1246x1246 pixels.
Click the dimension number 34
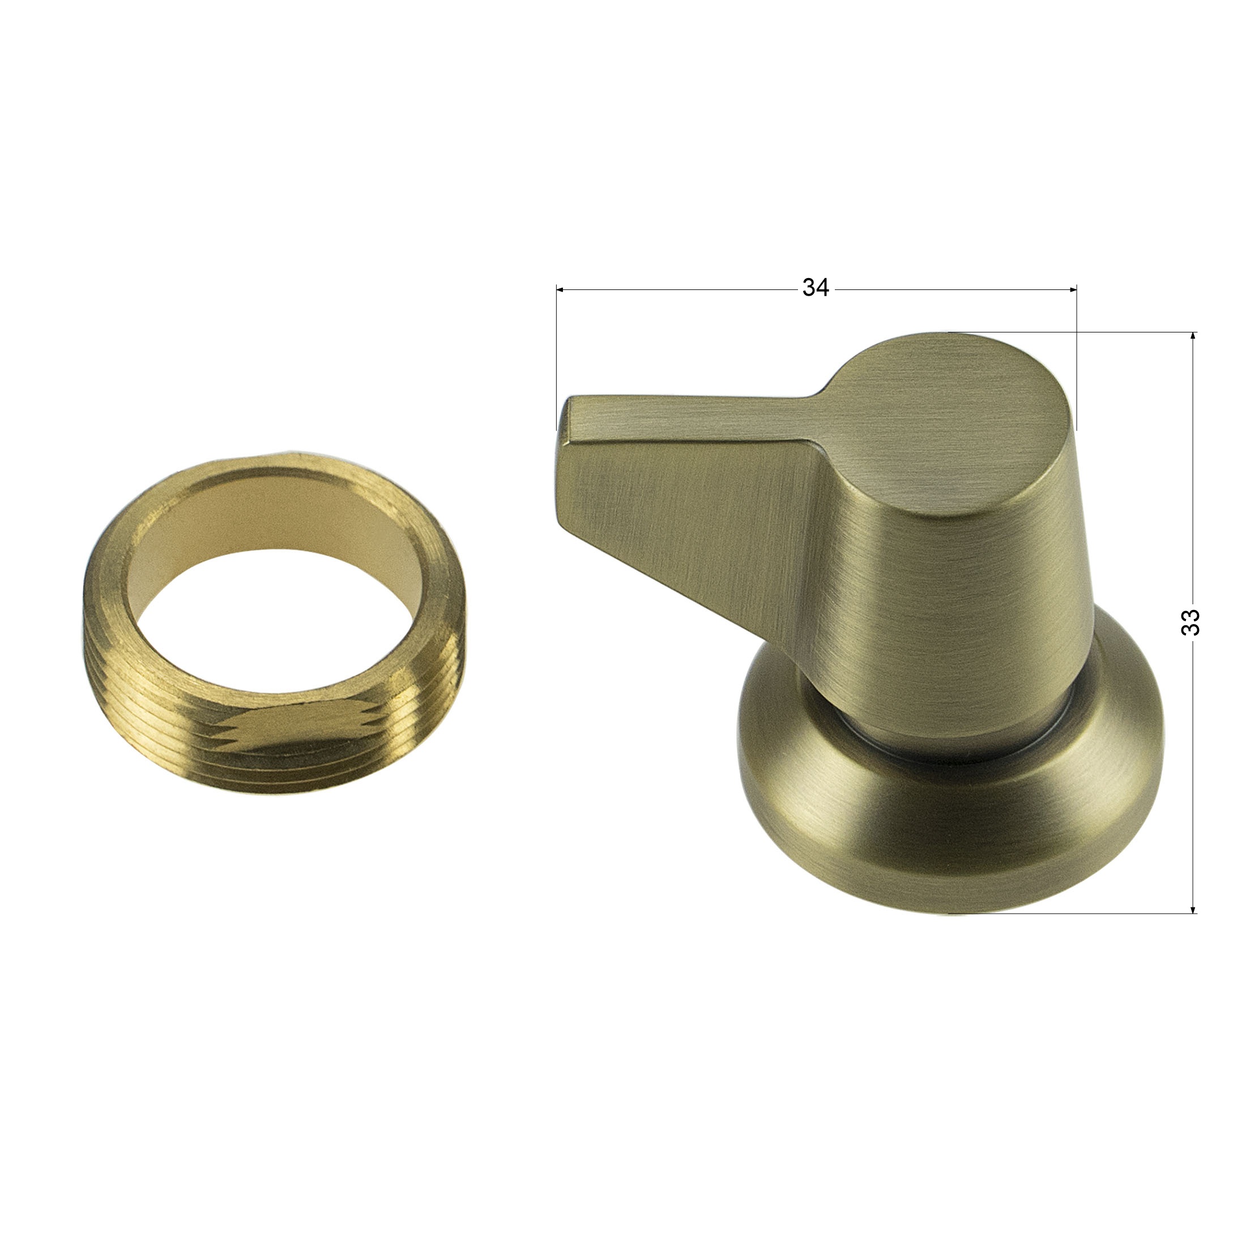(815, 288)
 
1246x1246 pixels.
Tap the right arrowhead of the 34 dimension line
(1073, 289)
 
